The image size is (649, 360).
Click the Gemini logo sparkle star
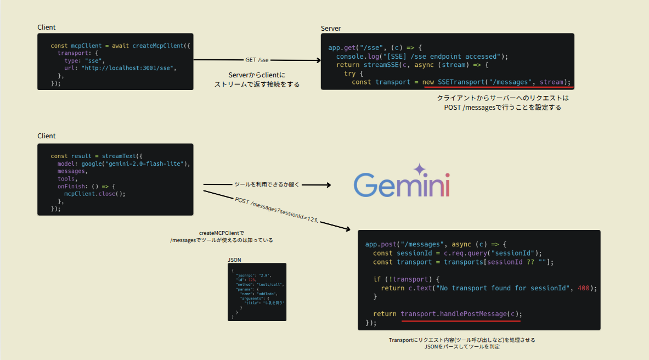click(420, 169)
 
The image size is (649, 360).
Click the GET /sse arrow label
click(257, 60)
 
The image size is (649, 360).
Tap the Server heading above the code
click(331, 28)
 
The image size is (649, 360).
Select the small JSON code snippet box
click(257, 291)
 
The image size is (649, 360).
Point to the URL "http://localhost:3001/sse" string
click(129, 68)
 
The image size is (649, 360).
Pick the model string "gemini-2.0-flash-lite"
click(144, 164)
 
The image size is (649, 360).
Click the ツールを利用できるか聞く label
click(266, 185)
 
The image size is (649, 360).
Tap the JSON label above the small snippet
click(234, 260)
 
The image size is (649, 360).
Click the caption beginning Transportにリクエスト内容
click(461, 340)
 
